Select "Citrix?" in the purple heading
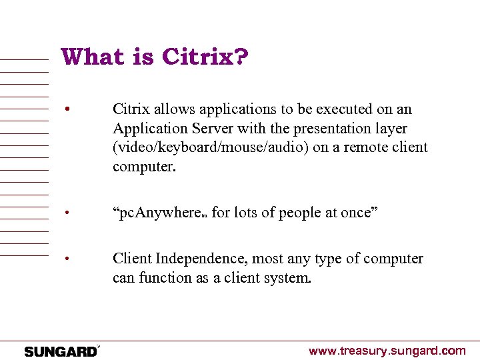tap(204, 58)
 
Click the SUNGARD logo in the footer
tap(61, 351)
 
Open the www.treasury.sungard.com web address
tap(387, 351)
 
